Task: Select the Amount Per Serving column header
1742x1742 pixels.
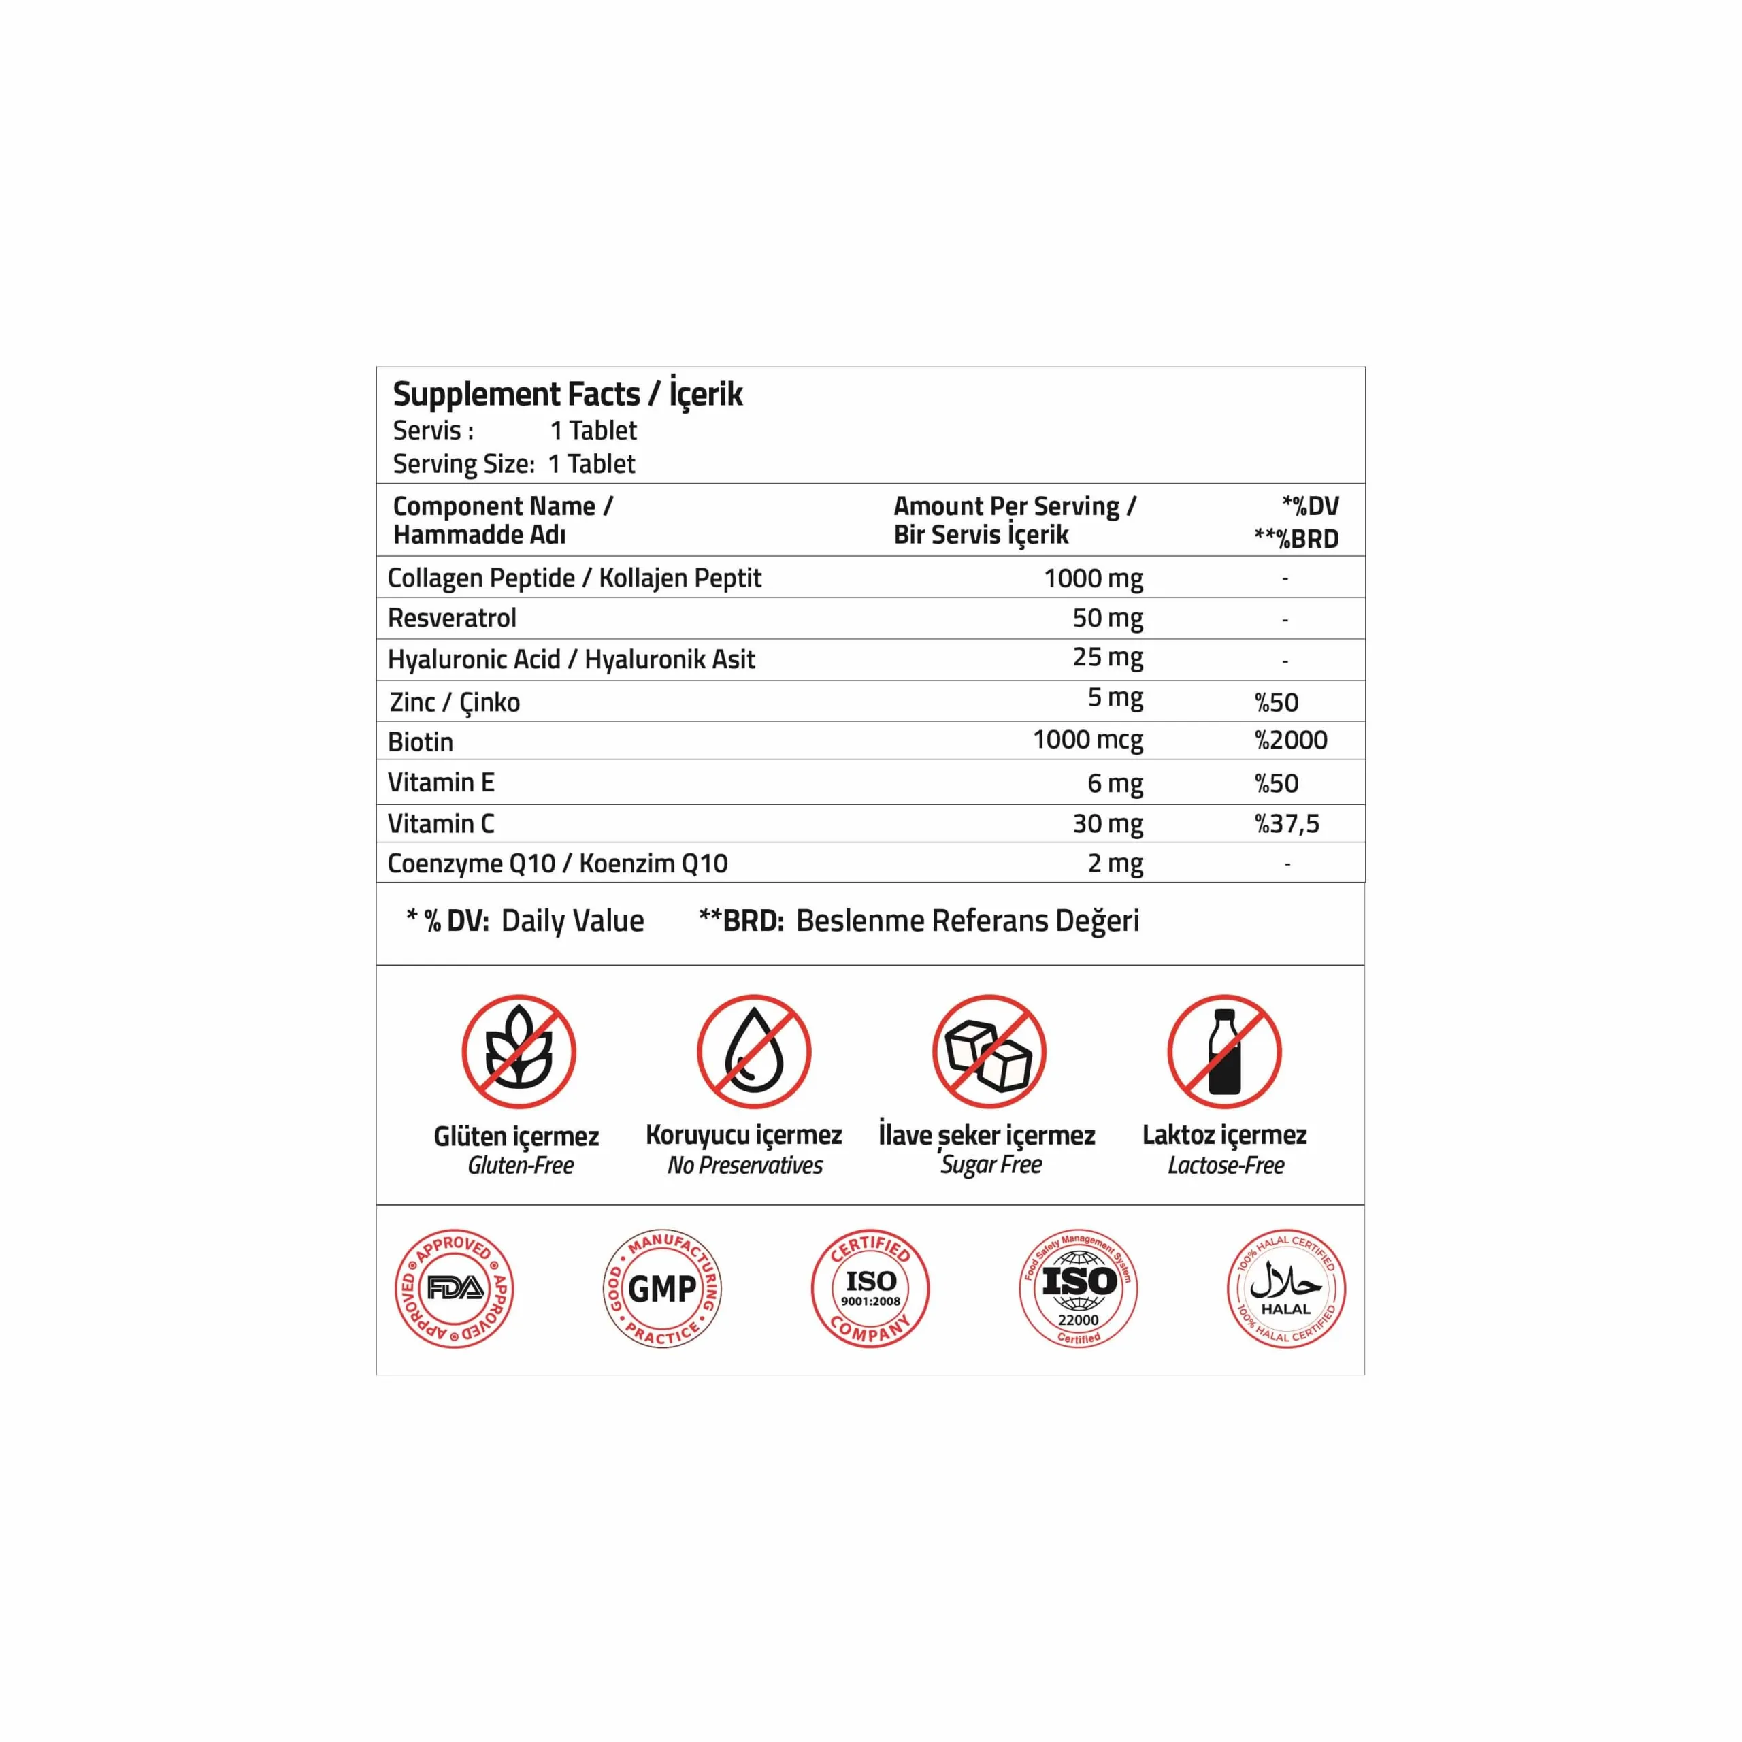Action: pos(1015,521)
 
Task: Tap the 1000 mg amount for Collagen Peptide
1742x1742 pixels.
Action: pos(1093,578)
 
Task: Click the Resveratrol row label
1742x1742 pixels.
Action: pos(452,619)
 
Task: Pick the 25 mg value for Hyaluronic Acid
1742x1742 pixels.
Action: pos(1107,657)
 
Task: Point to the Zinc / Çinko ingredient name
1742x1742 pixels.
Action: pos(455,702)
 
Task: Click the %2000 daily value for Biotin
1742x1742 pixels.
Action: pos(1290,740)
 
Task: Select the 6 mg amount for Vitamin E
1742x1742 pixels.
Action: pos(1115,783)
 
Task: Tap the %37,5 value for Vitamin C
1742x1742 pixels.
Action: pos(1287,823)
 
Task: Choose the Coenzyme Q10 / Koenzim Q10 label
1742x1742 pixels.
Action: pos(557,864)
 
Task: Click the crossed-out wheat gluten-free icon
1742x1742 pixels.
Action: pos(519,1051)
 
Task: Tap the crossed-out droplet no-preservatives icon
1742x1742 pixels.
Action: pos(754,1051)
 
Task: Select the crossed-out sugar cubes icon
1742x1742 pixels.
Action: pos(989,1051)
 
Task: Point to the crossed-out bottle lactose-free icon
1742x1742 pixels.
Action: pos(1223,1051)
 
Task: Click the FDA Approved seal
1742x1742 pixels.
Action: pos(455,1288)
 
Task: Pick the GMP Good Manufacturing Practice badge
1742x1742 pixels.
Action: pos(662,1288)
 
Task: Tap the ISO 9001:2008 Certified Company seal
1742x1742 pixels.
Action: pos(870,1288)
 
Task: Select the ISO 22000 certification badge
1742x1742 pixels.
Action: pos(1079,1288)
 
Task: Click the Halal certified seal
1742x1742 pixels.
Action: pos(1286,1288)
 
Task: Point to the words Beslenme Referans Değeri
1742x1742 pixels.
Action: pos(968,921)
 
